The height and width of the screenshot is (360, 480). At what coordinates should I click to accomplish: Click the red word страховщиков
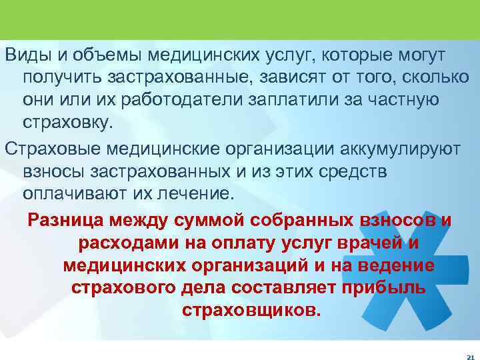(x=251, y=311)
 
